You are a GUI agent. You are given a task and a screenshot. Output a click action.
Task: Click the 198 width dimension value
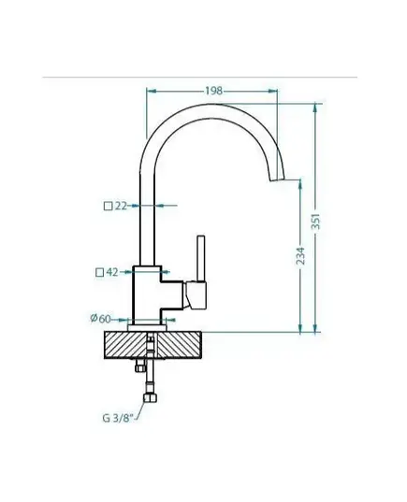213,91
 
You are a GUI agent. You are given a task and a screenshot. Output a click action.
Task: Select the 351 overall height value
315,222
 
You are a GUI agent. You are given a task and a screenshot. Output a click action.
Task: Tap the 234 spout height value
300,255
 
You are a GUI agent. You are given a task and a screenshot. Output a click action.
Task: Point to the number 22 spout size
121,206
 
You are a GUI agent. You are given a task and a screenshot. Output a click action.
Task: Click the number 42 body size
112,272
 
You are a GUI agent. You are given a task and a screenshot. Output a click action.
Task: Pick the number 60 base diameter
105,319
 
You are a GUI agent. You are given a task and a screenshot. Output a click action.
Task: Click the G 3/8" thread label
117,418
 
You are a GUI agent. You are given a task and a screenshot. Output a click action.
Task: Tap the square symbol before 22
109,207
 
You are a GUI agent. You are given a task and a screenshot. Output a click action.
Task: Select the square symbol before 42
100,272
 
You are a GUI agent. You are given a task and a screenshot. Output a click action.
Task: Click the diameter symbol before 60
94,318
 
